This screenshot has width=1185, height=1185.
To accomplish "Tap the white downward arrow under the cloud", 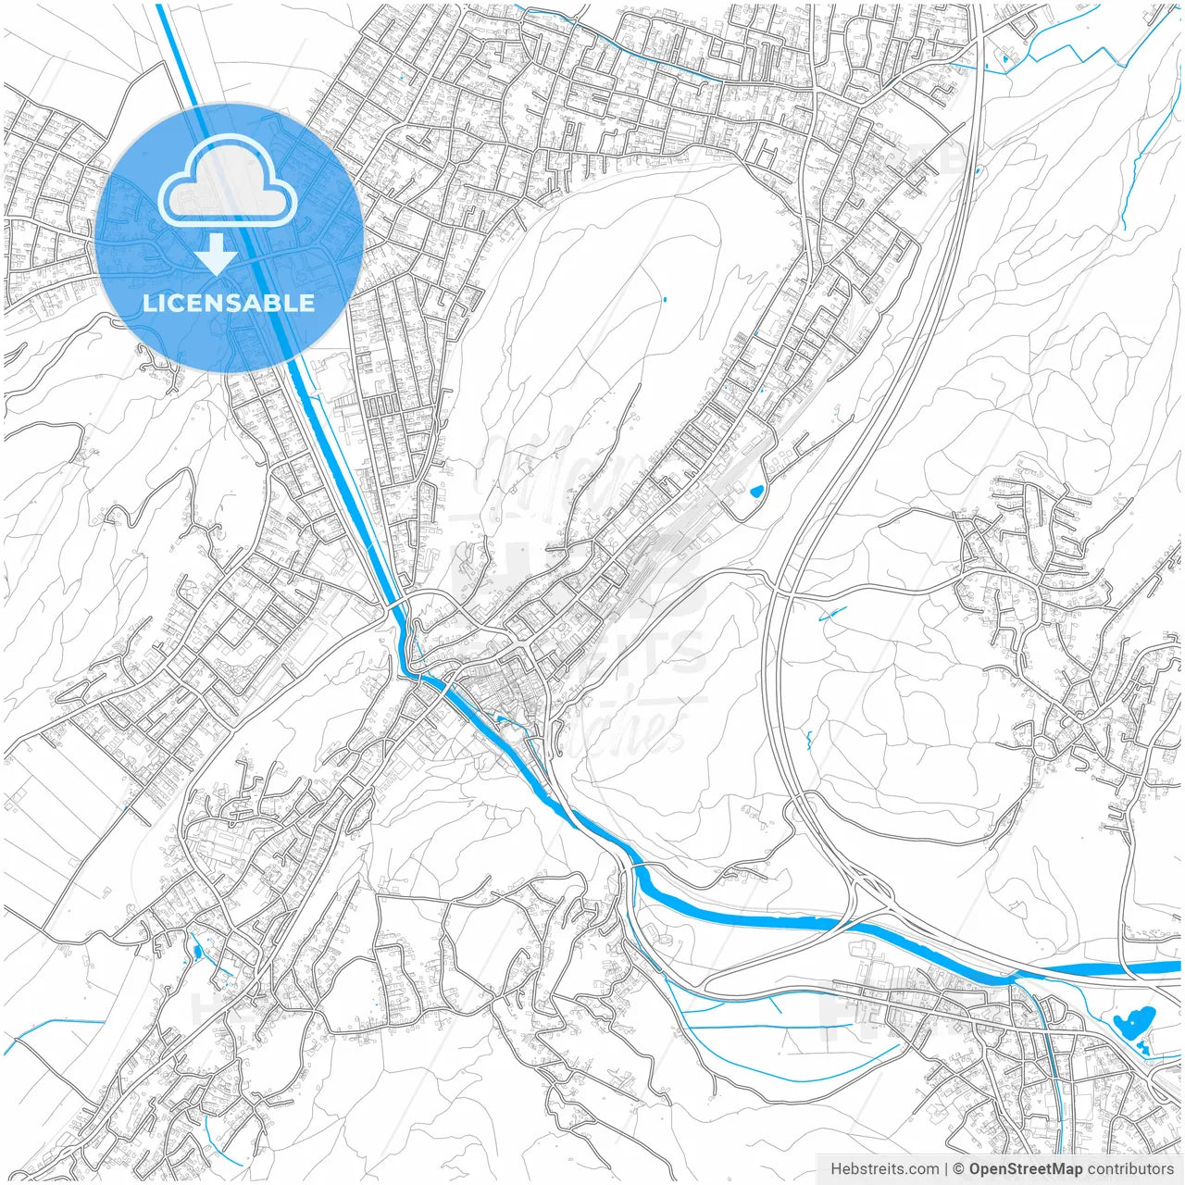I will pos(216,254).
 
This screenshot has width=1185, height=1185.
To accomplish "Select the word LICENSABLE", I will pos(228,303).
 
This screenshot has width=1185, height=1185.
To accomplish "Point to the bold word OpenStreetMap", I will pos(1025,1169).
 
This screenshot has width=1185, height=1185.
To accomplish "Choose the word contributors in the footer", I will pos(1129,1169).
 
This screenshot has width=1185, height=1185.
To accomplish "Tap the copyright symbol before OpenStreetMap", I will pos(959,1169).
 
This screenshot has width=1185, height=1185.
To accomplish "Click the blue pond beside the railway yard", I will pos(757,491).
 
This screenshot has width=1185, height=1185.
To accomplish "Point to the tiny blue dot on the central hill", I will pos(664,299).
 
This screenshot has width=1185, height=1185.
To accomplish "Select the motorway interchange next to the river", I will pos(866,893).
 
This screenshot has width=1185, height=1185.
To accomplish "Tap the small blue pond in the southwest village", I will pos(196,950).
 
